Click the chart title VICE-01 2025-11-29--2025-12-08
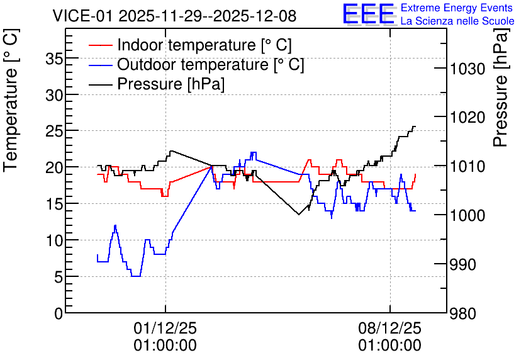click(x=174, y=16)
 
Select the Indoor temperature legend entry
click(x=190, y=45)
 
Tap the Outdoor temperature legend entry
click(x=196, y=64)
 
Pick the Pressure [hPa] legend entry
click(x=157, y=84)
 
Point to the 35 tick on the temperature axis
click(x=54, y=59)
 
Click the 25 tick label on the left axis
click(x=54, y=132)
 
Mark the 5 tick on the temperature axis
click(x=59, y=278)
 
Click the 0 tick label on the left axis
click(x=59, y=314)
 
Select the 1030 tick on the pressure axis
click(x=467, y=69)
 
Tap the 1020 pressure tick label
click(x=467, y=118)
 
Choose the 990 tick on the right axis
click(x=462, y=265)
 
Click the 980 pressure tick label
click(x=462, y=314)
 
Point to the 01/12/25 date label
click(x=165, y=328)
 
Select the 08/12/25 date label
click(x=390, y=328)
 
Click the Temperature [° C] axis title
click(x=11, y=100)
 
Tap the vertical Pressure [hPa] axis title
click(x=501, y=87)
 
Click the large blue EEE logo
click(x=369, y=14)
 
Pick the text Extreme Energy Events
click(x=457, y=8)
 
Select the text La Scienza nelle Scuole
click(x=457, y=21)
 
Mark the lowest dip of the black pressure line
click(x=299, y=214)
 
